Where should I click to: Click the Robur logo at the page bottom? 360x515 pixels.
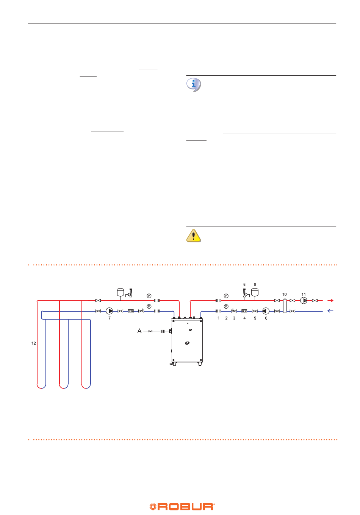pos(182,507)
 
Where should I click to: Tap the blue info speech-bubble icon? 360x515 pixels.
pos(194,84)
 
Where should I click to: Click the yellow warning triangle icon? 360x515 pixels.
pos(194,236)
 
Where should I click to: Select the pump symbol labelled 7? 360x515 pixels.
pos(109,311)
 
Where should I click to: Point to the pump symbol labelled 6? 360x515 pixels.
pos(266,311)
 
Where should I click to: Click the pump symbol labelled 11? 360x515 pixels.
pos(304,300)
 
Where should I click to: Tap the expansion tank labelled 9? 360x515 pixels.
pos(255,292)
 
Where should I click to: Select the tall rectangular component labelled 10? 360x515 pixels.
pos(285,306)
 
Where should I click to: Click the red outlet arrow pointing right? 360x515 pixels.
pos(330,300)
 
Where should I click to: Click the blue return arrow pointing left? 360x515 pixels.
pos(330,311)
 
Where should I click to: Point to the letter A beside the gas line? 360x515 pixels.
pos(139,331)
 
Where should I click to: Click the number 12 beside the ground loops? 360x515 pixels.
pos(34,343)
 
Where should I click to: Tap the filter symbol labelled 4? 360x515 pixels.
pos(244,311)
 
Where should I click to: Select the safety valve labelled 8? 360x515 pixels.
pos(244,293)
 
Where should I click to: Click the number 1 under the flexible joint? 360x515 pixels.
pos(219,318)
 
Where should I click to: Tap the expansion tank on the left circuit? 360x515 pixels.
pos(121,292)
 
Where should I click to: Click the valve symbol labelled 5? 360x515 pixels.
pos(255,311)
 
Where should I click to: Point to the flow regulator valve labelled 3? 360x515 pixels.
pos(234,311)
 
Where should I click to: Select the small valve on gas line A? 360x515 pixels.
pos(151,331)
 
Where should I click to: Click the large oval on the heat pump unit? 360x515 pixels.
pos(187,343)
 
